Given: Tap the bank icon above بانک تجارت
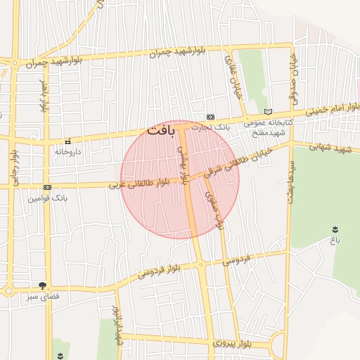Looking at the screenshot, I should (210, 117).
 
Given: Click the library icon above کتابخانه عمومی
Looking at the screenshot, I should (267, 112).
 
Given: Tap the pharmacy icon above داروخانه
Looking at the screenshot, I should (68, 141).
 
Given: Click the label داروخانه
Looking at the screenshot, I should (68, 151).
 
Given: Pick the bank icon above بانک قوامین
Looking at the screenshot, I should (47, 188).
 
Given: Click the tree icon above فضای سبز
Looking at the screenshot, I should (44, 285).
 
